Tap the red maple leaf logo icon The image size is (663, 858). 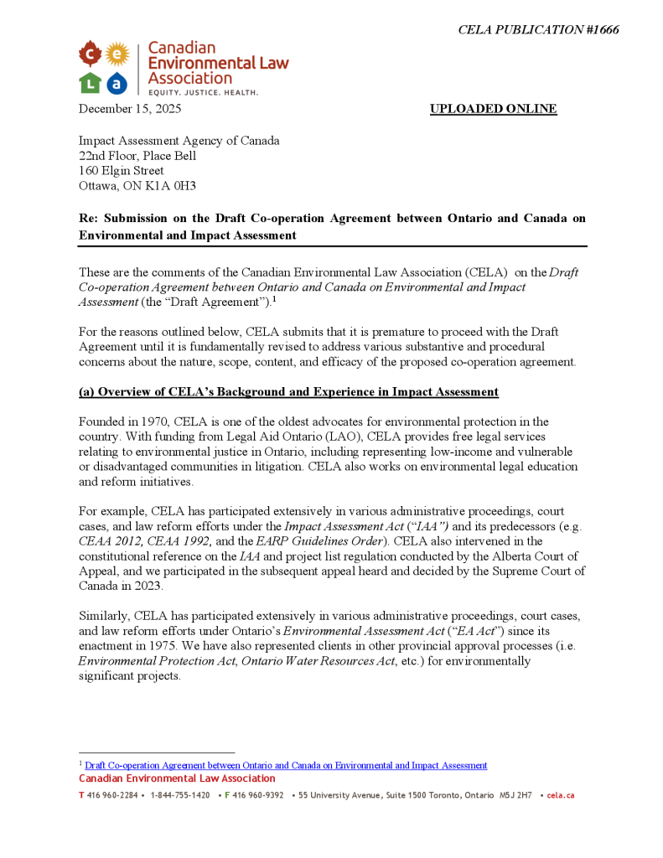[90, 56]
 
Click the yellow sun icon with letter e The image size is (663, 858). [117, 55]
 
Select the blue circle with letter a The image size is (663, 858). [117, 82]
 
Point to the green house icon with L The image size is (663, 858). [90, 82]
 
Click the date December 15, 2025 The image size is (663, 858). [130, 109]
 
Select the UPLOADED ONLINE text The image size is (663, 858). [493, 109]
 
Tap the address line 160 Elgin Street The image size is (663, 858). [122, 171]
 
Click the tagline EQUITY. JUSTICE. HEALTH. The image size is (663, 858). [203, 92]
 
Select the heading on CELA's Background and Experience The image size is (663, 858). [288, 392]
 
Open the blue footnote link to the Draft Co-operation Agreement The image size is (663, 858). [286, 766]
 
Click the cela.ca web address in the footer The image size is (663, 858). [560, 795]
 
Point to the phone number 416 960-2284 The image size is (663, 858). [111, 795]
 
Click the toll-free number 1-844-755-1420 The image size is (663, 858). [180, 795]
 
